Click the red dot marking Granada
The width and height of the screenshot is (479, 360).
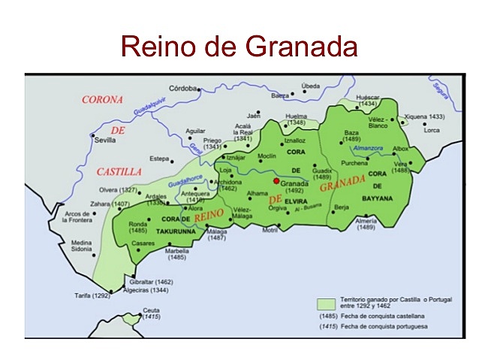[276, 181]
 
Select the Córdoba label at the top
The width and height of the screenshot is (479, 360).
[182, 88]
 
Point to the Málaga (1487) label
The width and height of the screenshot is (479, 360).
[216, 234]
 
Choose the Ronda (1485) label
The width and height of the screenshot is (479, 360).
[139, 228]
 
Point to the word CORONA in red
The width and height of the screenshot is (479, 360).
[102, 99]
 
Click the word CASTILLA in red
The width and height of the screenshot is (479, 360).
[119, 171]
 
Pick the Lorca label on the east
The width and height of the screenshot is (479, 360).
[432, 131]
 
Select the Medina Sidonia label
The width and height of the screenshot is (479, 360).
[83, 247]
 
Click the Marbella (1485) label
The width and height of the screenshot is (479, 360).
[177, 253]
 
